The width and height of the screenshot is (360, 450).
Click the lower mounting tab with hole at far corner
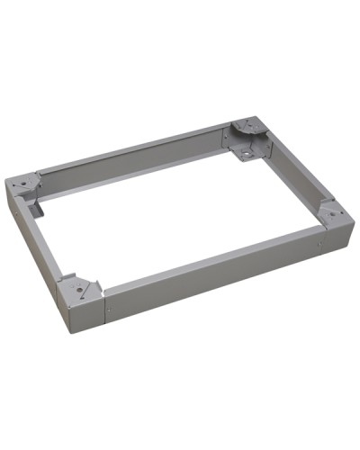246,154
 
